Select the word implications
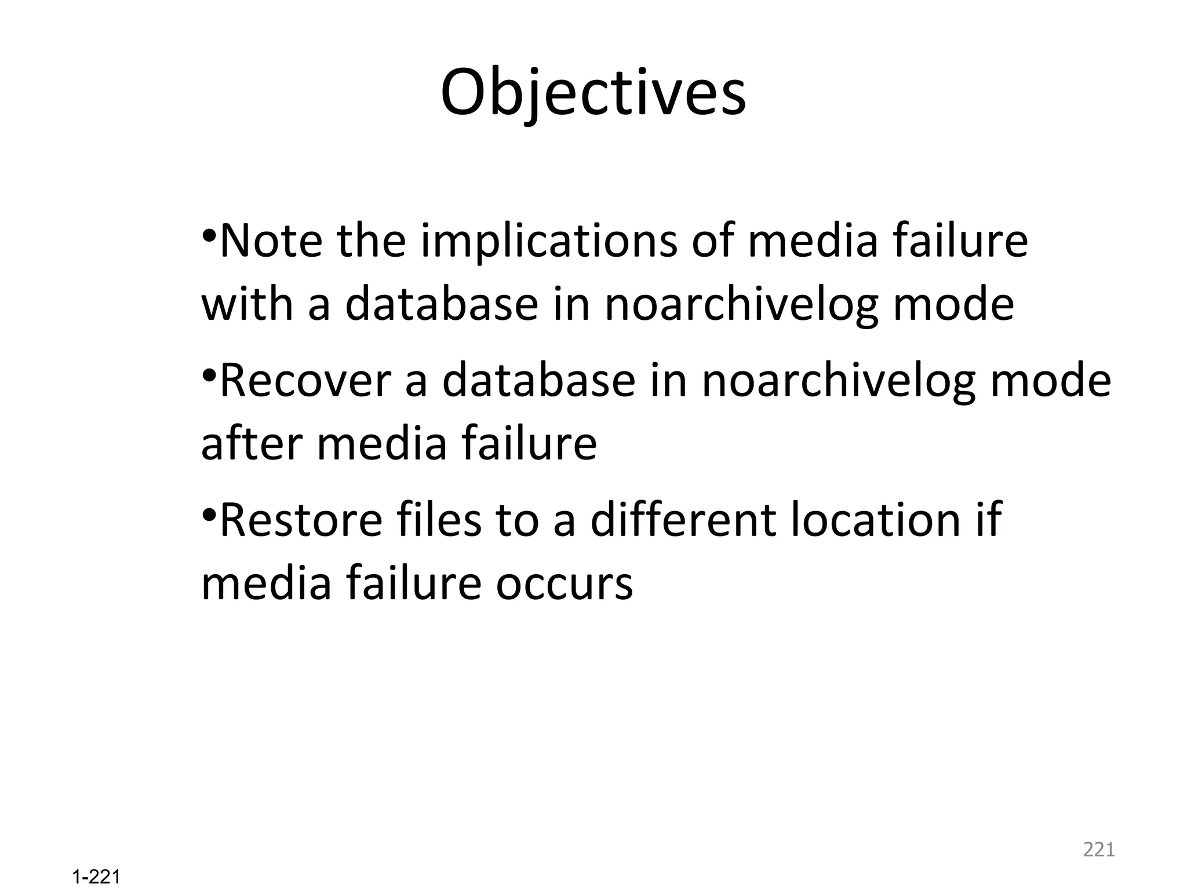[548, 242]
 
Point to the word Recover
[305, 381]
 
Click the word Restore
[301, 520]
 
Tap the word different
[682, 520]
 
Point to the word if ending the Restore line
[989, 520]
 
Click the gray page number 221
[1098, 849]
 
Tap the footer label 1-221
[96, 877]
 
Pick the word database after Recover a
[538, 381]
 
